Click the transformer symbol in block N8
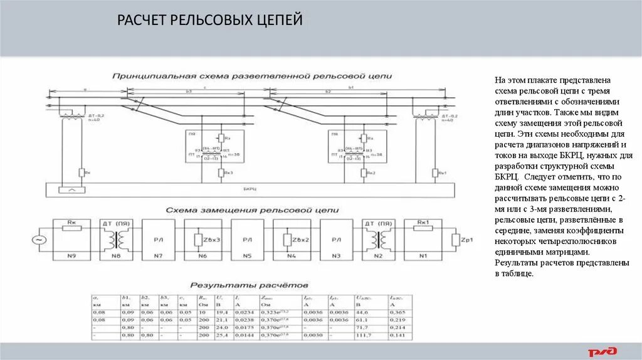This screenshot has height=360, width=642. (114, 239)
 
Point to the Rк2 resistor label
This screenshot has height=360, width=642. (371, 172)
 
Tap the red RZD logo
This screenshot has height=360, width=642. (601, 352)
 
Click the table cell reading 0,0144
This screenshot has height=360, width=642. (246, 336)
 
